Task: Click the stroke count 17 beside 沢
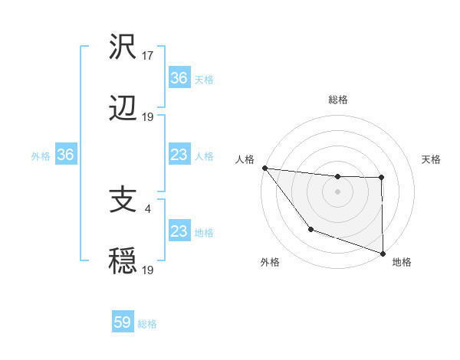[x=149, y=55]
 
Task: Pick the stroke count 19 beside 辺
[x=149, y=116]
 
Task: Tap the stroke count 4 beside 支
[x=147, y=208]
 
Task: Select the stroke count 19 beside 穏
[x=149, y=270]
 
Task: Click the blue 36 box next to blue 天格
[x=179, y=78]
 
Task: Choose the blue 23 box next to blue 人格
[x=179, y=155]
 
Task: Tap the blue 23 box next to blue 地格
[x=179, y=232]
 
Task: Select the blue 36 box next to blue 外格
[x=66, y=155]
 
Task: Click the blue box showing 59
[x=123, y=323]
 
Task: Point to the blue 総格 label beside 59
[x=147, y=324]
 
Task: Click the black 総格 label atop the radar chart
[x=337, y=100]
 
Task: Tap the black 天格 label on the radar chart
[x=431, y=159]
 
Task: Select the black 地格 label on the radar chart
[x=402, y=262]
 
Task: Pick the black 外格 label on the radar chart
[x=270, y=262]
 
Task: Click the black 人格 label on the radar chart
[x=244, y=159]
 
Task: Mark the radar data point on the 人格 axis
[x=264, y=168]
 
